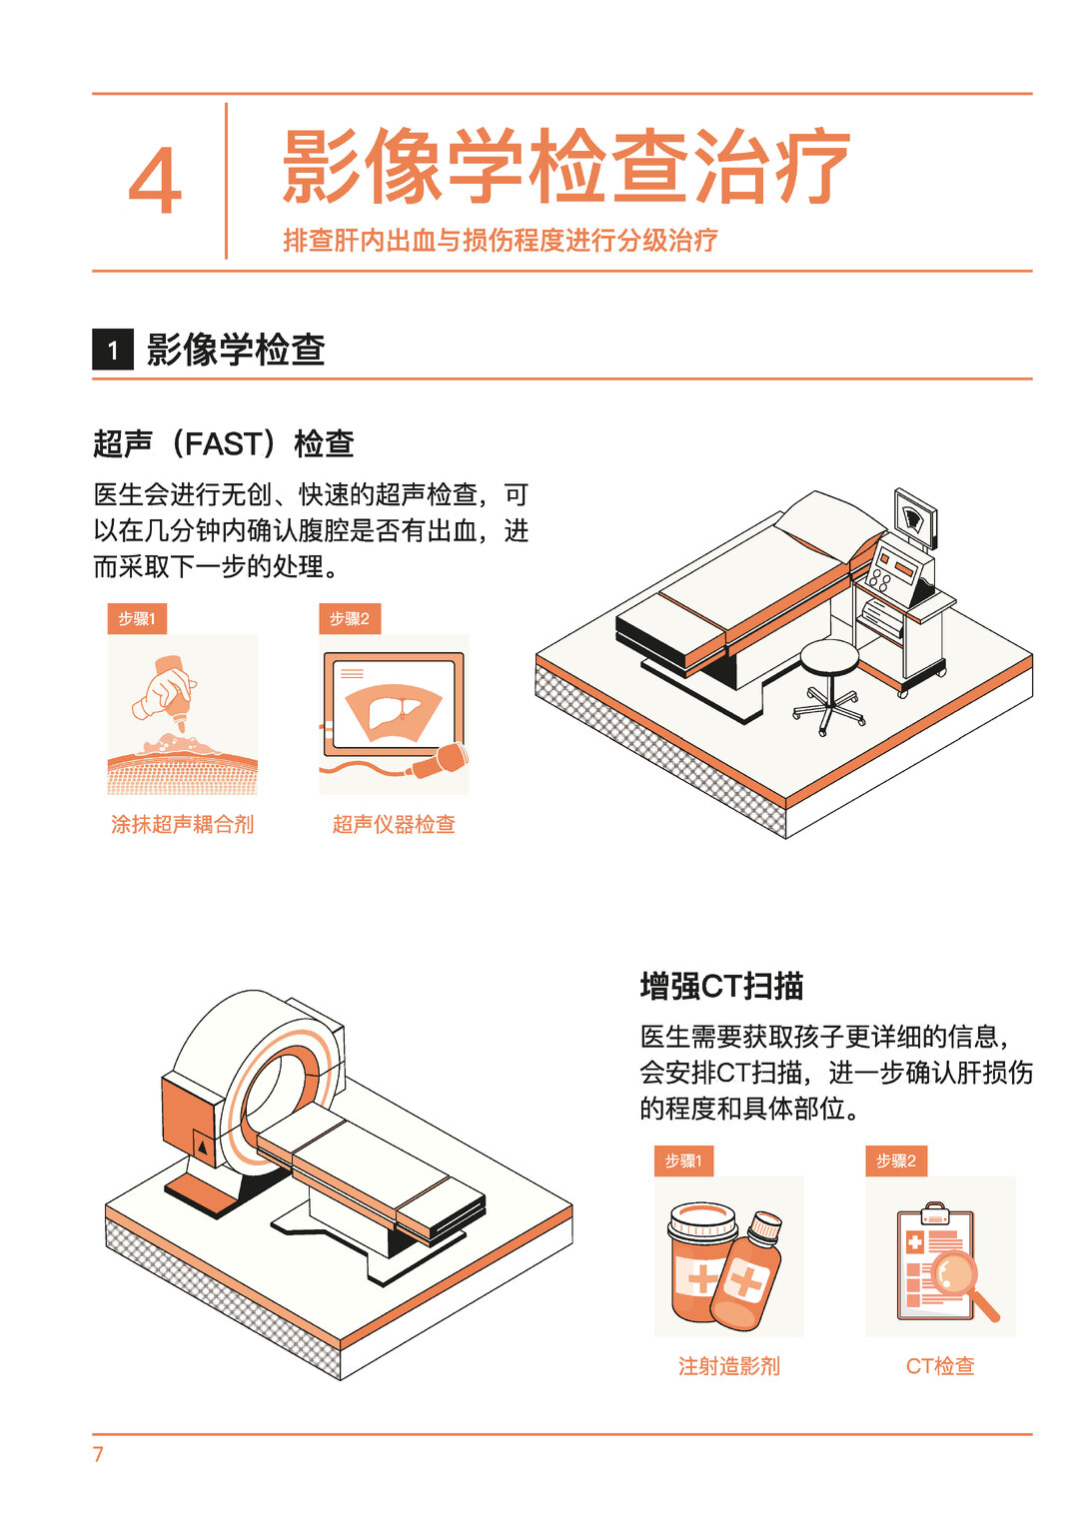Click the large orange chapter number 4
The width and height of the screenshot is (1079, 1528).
click(x=155, y=181)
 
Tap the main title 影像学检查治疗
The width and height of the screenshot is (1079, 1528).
click(x=565, y=165)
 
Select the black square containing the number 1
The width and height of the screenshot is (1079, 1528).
click(x=113, y=350)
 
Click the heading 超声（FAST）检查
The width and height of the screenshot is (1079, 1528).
click(x=223, y=443)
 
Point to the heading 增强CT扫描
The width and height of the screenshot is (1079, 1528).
click(x=721, y=987)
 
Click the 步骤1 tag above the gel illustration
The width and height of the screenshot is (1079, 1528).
click(x=137, y=619)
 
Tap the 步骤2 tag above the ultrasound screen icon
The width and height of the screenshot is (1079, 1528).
click(x=350, y=619)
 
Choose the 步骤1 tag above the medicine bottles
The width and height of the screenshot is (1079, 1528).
click(x=683, y=1160)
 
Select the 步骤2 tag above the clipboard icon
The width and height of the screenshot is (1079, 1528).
click(x=896, y=1160)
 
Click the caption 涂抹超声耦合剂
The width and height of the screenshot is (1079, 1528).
click(x=182, y=824)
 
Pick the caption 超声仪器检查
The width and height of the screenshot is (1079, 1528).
click(x=394, y=824)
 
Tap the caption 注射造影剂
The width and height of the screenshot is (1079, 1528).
click(x=729, y=1365)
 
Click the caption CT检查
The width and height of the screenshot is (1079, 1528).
click(x=940, y=1365)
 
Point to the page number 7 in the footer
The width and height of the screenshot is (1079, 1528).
click(x=98, y=1454)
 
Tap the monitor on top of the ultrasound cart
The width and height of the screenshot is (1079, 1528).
click(x=915, y=517)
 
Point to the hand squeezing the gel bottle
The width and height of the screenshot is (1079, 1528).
click(x=162, y=692)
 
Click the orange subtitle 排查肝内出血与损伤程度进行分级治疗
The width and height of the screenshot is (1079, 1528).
click(x=501, y=240)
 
